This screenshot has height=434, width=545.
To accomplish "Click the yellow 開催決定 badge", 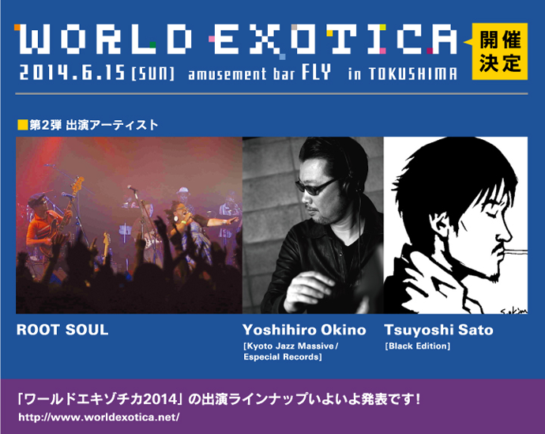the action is (x=500, y=51).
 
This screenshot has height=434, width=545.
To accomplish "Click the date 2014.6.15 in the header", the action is (x=72, y=73).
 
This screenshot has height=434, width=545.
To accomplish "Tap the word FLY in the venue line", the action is (x=316, y=72).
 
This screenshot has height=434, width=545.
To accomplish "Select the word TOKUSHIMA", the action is (x=413, y=74).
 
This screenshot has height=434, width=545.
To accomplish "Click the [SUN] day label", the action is (x=152, y=74).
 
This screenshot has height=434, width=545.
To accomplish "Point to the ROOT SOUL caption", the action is (x=62, y=330).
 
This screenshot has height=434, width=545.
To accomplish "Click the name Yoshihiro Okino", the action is (x=304, y=330).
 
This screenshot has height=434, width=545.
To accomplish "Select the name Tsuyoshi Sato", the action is (x=438, y=330).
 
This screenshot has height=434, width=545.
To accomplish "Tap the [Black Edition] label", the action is (x=418, y=346).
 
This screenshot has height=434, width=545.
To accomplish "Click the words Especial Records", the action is (x=281, y=357).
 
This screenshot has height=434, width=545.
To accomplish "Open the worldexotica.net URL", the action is (x=99, y=417).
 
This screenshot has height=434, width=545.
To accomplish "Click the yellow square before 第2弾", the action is (x=23, y=125).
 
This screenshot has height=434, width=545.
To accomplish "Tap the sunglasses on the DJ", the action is (x=317, y=187).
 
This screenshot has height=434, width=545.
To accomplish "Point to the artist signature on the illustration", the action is (x=514, y=310).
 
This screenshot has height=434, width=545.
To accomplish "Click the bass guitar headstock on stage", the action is (x=77, y=183).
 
